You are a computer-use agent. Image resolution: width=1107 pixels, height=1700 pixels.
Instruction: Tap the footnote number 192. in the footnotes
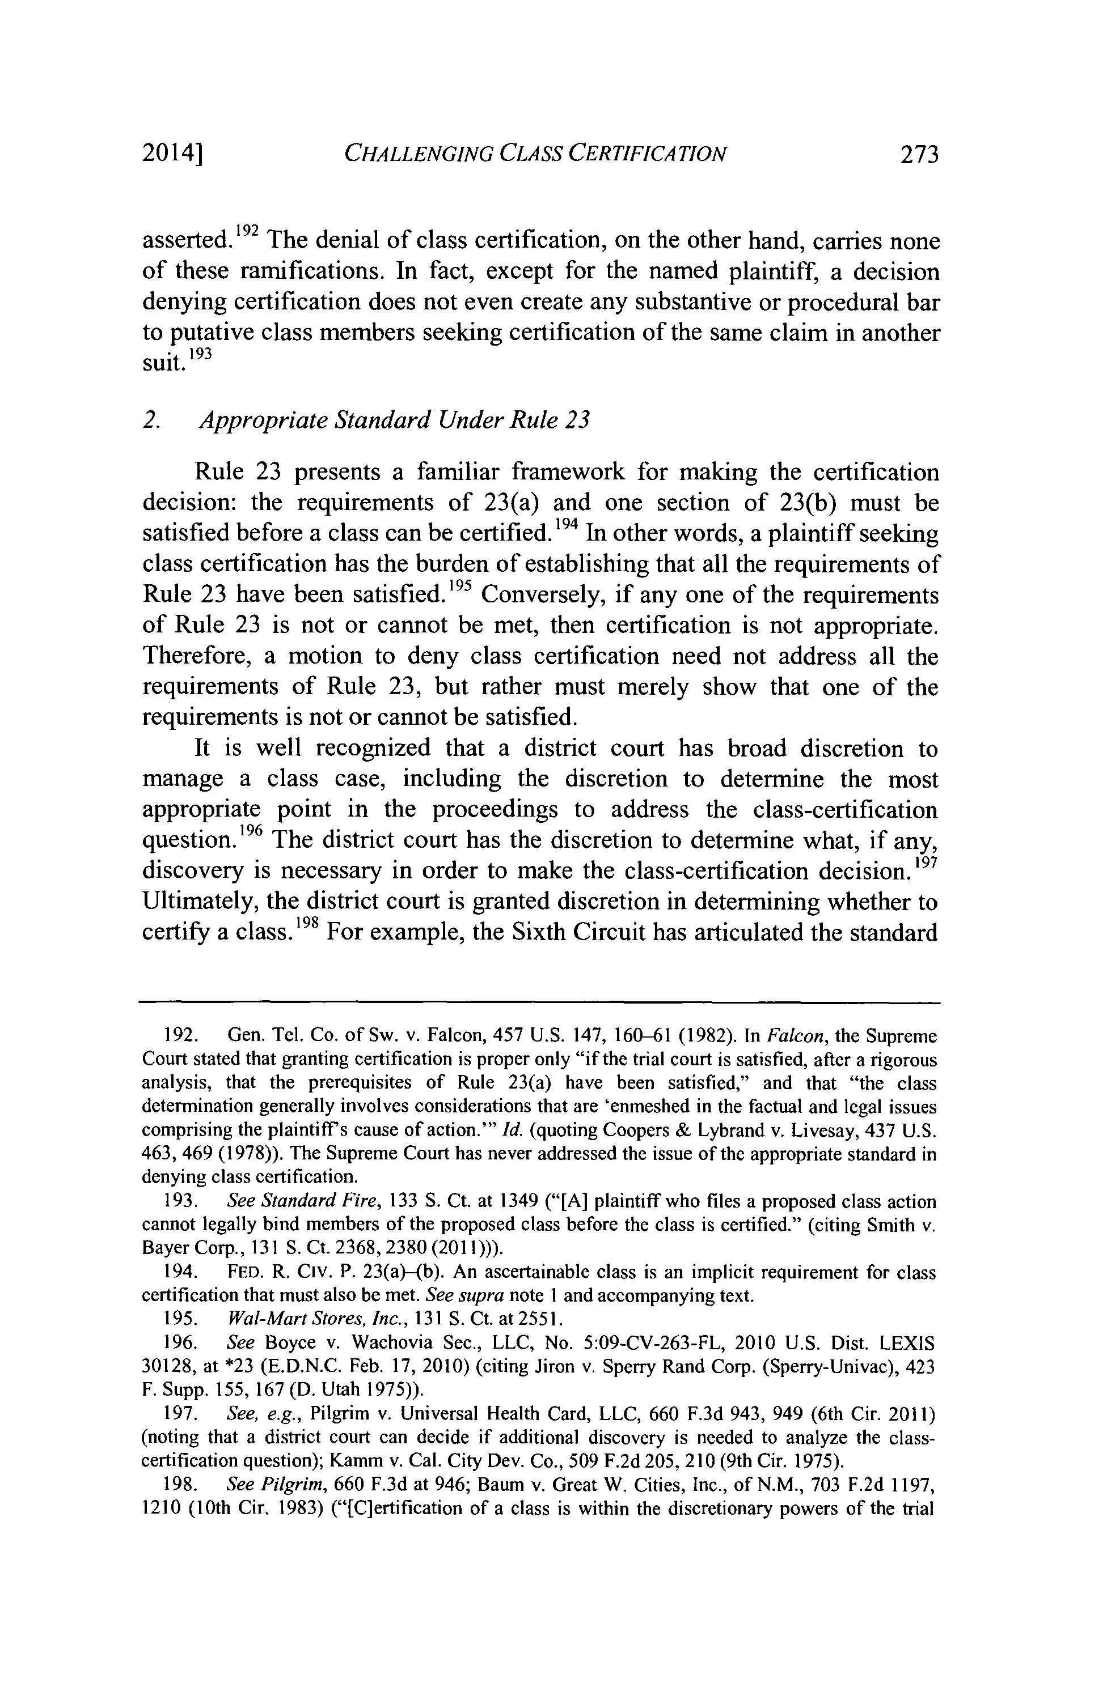pyautogui.click(x=176, y=1036)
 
